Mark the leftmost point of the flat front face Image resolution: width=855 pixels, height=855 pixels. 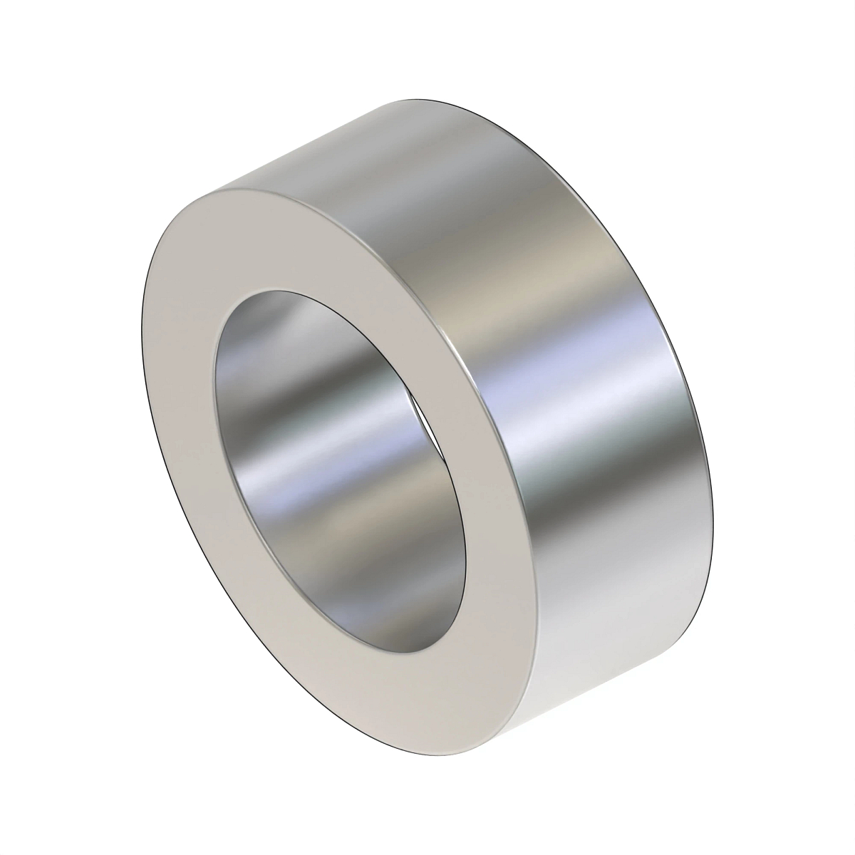(143, 342)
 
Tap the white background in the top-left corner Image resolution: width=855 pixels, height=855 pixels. (43, 43)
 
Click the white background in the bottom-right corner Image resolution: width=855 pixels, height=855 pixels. (812, 812)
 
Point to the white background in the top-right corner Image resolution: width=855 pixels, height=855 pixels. (812, 43)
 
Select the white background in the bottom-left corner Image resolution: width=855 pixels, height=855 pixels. (43, 812)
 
